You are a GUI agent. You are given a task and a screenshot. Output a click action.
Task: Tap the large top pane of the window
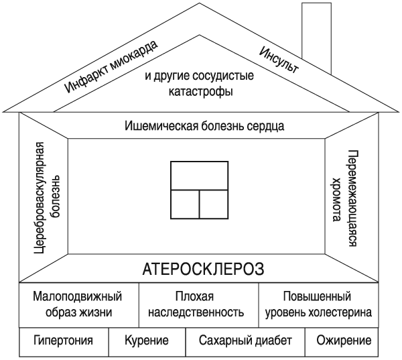coord(199,176)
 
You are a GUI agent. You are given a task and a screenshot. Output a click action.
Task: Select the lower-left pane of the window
coord(186,204)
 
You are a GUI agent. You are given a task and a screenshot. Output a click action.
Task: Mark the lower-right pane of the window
coord(214,204)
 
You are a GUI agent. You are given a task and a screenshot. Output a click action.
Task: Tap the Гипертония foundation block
coord(63,341)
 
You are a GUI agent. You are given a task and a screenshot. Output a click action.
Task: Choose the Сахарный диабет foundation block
coord(245,341)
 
